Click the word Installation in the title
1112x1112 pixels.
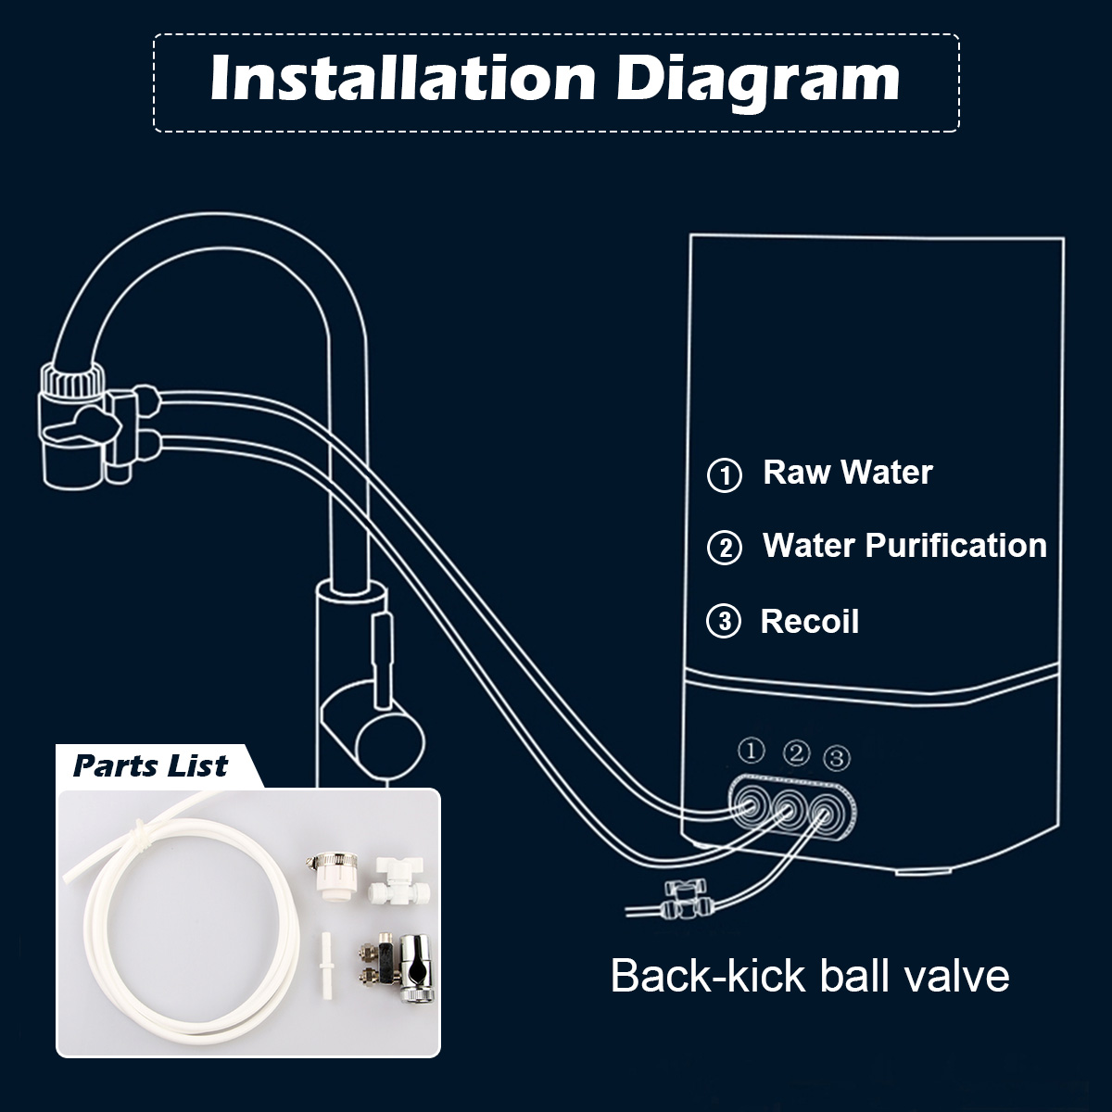pos(403,79)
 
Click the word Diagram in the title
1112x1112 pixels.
pos(757,82)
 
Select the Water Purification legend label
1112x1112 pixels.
pos(904,545)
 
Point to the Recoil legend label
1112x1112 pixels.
pos(810,622)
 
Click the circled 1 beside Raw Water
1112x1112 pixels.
pos(725,475)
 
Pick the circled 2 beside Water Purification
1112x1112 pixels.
pos(725,548)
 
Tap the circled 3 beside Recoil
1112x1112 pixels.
pos(724,622)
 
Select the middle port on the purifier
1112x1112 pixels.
pos(790,807)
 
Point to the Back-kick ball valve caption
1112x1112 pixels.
pos(810,976)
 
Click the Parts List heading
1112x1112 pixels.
pos(150,765)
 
